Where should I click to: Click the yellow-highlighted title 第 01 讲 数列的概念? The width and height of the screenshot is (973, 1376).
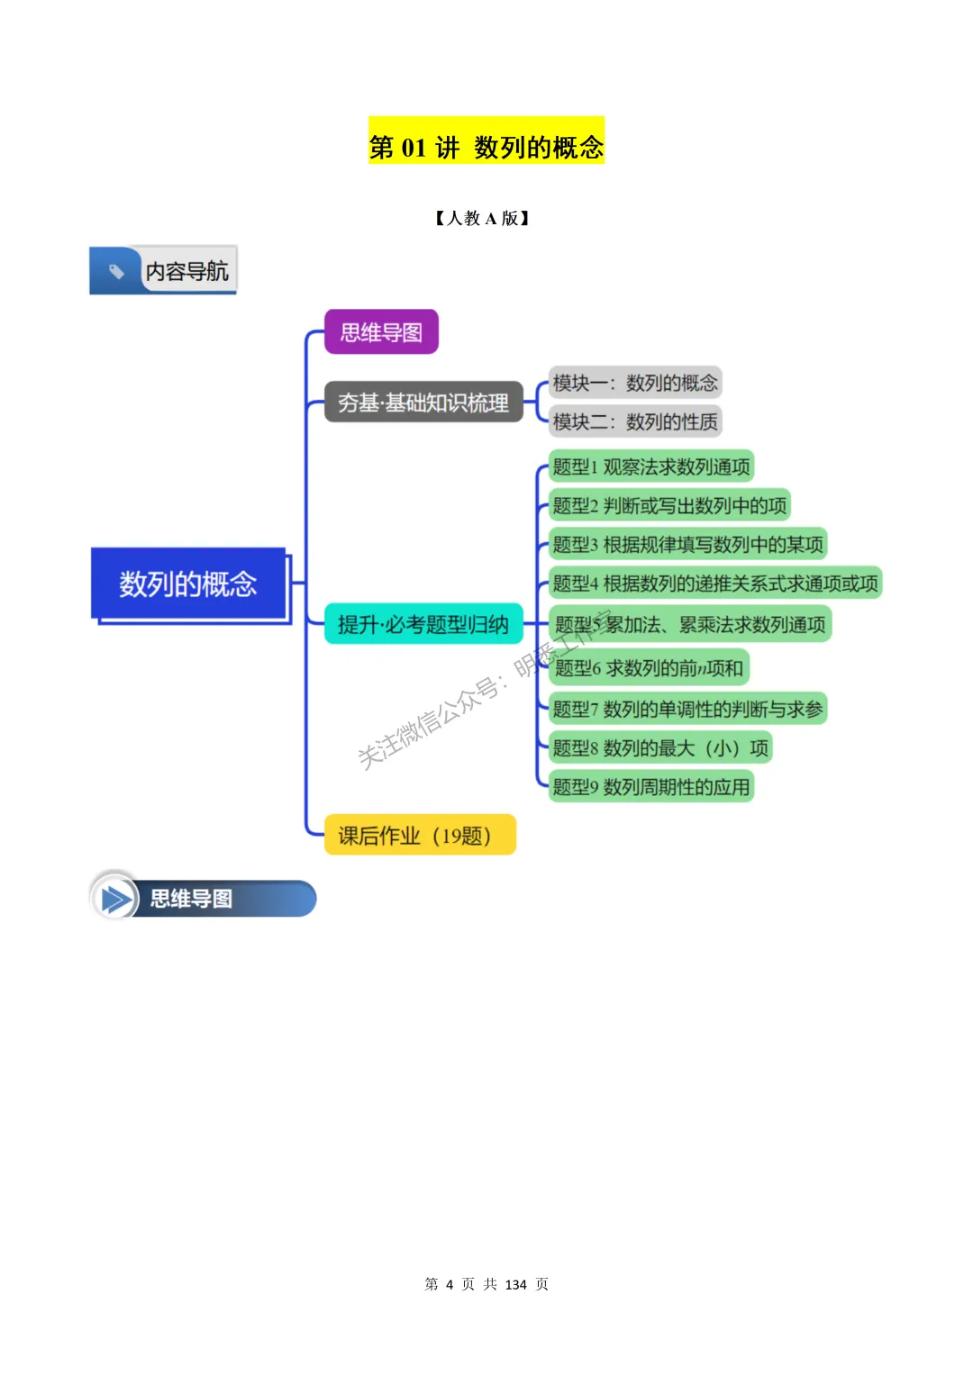click(486, 146)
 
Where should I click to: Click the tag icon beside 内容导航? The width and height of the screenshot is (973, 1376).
click(116, 270)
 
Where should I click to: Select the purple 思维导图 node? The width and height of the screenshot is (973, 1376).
click(381, 332)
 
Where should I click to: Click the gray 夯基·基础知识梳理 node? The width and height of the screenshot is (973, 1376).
click(423, 403)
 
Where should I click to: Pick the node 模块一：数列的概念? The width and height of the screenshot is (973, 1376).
click(635, 383)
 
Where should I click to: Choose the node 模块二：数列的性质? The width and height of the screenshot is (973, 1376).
click(635, 421)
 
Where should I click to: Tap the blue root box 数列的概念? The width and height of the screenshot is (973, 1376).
click(188, 584)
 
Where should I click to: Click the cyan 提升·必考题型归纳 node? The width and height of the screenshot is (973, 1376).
click(423, 624)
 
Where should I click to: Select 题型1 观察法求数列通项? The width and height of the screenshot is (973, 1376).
click(650, 466)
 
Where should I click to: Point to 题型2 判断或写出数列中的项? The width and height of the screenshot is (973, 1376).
click(669, 505)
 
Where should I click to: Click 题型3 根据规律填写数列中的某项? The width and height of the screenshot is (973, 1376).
click(687, 544)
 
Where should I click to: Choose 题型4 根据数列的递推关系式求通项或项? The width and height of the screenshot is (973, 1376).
click(715, 583)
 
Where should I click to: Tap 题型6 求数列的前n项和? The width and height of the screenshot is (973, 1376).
click(649, 667)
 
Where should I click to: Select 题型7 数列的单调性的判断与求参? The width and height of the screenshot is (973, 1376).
click(687, 709)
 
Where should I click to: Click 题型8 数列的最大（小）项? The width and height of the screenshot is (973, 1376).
click(660, 747)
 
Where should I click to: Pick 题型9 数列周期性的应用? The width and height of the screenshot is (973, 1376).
click(650, 786)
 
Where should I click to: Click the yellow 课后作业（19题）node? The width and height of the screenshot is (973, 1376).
click(420, 835)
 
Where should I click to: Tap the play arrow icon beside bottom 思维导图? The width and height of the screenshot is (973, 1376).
click(115, 899)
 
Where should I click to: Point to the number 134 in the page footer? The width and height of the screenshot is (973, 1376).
click(515, 1284)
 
